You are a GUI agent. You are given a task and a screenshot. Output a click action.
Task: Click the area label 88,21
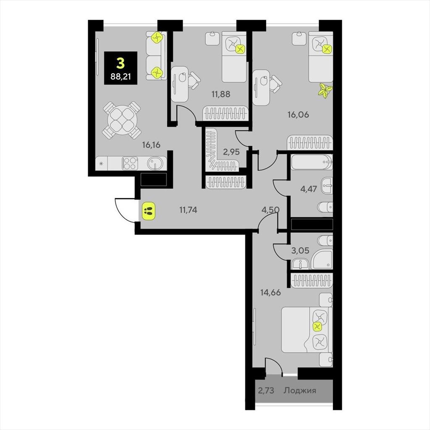click(121, 76)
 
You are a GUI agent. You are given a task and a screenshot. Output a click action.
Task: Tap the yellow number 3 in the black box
click(121, 63)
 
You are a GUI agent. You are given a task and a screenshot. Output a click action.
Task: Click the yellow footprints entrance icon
click(148, 211)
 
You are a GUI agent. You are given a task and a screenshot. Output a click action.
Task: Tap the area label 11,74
click(188, 210)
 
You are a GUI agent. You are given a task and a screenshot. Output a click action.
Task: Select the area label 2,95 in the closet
click(231, 152)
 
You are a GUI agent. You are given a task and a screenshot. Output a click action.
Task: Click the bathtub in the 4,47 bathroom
click(312, 162)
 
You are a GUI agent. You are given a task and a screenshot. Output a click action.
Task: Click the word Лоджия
click(300, 390)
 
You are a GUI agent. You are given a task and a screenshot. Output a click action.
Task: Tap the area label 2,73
click(266, 390)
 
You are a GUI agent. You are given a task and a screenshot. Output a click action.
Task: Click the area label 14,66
click(271, 293)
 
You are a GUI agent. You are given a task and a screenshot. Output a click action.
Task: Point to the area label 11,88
click(220, 94)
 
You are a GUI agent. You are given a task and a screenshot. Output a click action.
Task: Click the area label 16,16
click(151, 144)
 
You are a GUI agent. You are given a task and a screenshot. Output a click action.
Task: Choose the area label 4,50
click(270, 210)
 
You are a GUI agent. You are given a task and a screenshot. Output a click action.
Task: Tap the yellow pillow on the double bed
click(317, 326)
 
